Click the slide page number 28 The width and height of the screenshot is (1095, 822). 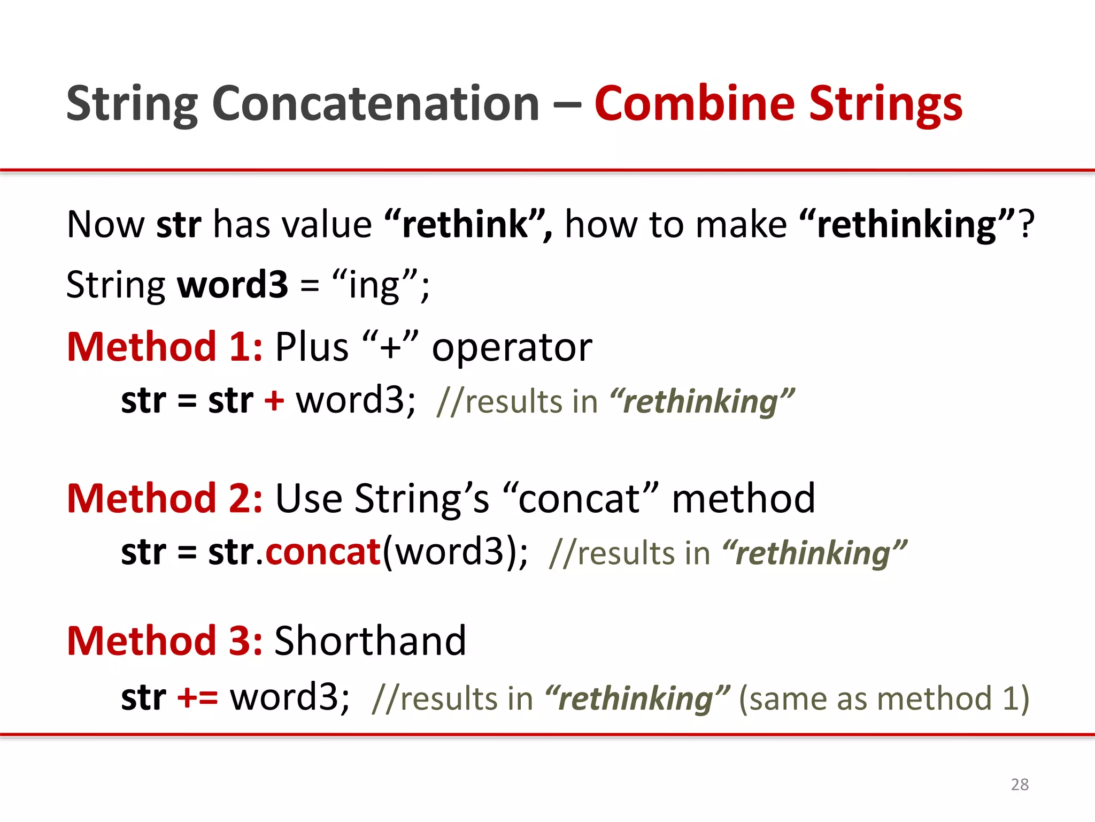pos(1020,784)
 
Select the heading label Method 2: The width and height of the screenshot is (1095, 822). pos(165,498)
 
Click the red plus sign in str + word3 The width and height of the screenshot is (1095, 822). pos(274,400)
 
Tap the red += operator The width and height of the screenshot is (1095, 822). pos(197,697)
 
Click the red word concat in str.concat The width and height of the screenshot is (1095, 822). pos(323,552)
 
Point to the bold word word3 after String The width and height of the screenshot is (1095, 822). pos(233,285)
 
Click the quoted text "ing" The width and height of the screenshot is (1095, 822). pos(374,285)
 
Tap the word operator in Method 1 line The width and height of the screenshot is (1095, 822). pos(512,348)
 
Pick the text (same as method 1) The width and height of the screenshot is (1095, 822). pos(884,698)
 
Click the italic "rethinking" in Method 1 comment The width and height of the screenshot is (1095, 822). pos(701,401)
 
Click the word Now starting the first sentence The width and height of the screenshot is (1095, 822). pos(105,224)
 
